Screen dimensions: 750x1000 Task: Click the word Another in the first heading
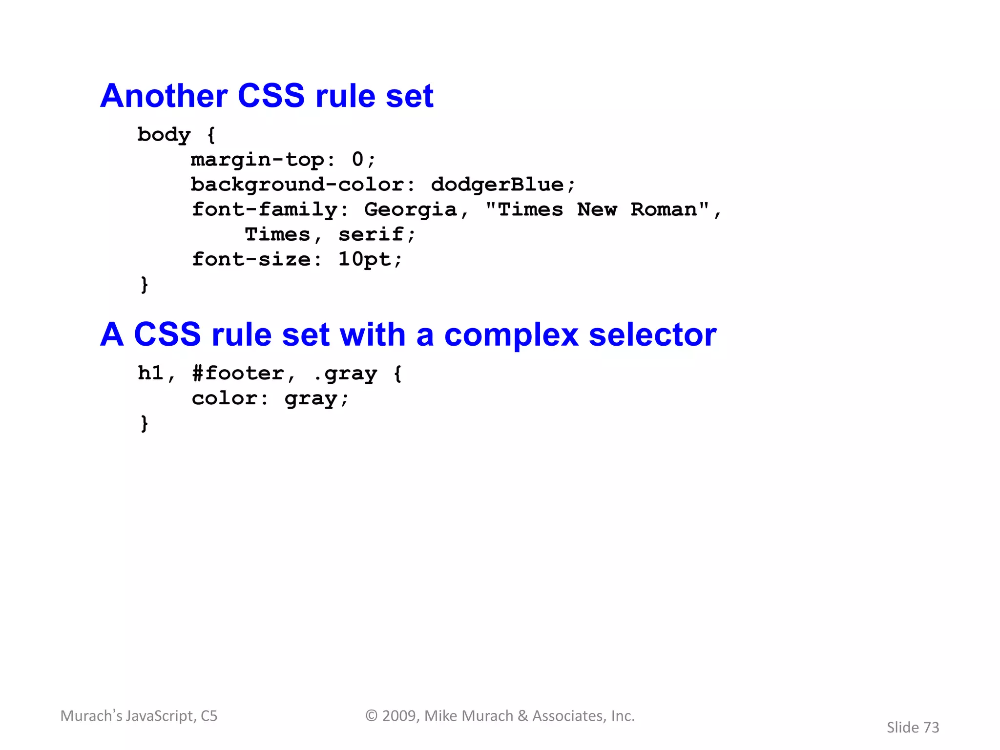164,96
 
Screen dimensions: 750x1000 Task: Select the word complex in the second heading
511,335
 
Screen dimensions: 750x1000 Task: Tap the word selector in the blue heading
652,335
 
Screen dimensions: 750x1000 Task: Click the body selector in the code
164,135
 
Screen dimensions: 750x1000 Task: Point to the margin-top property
257,160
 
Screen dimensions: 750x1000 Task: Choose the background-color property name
297,185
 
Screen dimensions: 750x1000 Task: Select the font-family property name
264,210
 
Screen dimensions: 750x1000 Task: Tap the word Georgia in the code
410,210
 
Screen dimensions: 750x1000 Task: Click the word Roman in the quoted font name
664,210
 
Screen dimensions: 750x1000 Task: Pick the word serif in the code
371,235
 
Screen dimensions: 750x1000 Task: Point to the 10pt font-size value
364,260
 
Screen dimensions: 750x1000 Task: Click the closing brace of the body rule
144,284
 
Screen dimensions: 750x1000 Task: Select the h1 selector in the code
150,374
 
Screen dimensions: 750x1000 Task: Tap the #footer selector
238,374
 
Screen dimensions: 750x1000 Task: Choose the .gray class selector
345,374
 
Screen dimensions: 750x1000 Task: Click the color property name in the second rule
224,398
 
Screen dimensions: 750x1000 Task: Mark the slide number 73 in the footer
931,728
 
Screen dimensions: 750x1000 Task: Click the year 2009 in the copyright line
399,716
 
